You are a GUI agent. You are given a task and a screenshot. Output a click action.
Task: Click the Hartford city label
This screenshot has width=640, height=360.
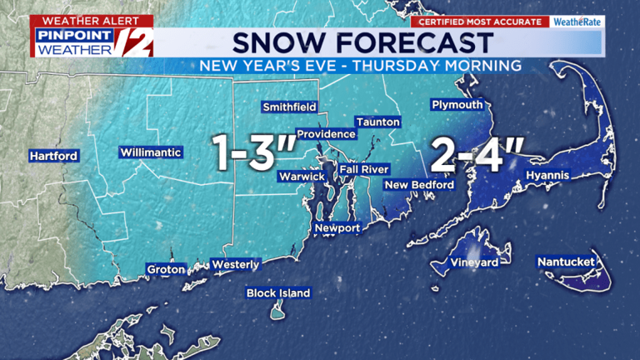53,156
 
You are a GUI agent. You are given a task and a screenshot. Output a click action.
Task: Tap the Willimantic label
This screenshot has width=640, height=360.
151,152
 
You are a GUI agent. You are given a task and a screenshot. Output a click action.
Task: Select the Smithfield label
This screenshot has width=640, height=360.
289,107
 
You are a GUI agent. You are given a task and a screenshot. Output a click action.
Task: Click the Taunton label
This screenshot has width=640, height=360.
377,122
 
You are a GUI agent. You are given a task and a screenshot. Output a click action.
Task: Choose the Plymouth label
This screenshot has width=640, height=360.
457,104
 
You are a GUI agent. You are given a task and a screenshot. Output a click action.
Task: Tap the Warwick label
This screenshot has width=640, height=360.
302,176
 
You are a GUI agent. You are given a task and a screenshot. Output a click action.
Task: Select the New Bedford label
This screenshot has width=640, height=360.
419,184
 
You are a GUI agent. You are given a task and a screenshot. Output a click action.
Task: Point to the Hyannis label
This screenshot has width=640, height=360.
547,175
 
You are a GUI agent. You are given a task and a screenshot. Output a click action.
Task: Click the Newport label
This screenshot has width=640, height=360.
337,227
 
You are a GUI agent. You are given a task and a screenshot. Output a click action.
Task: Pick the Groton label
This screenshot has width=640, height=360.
166,269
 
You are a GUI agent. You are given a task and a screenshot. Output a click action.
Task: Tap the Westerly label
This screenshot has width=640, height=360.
236,264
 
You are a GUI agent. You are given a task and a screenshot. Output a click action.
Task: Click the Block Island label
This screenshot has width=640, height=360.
278,292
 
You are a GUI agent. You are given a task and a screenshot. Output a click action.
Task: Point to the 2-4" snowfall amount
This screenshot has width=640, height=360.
477,156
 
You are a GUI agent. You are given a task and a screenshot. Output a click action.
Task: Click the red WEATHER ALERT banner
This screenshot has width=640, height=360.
80,19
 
